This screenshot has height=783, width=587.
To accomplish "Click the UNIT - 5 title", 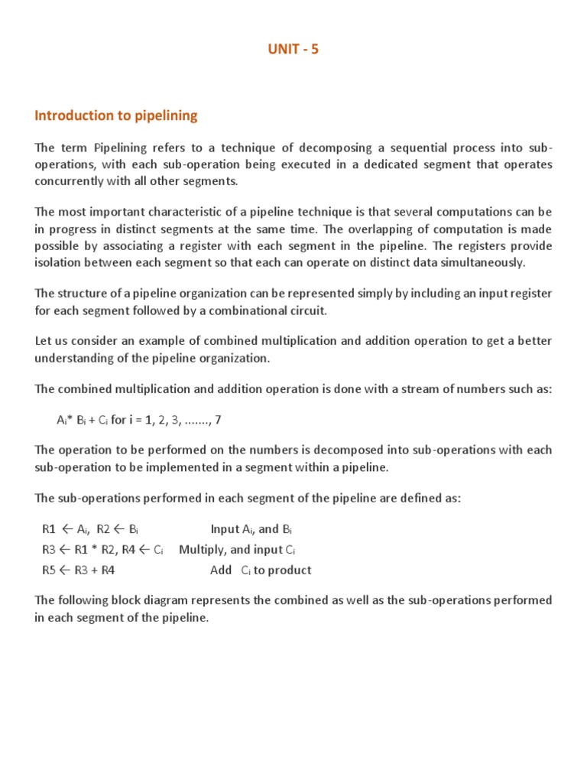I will click(293, 49).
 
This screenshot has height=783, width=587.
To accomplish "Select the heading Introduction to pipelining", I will click(115, 115).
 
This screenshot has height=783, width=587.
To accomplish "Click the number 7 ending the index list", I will click(219, 420).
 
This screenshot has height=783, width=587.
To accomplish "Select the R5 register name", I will click(50, 570).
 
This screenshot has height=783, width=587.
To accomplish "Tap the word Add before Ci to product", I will click(221, 570).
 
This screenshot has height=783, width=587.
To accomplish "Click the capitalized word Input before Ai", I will click(225, 529).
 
